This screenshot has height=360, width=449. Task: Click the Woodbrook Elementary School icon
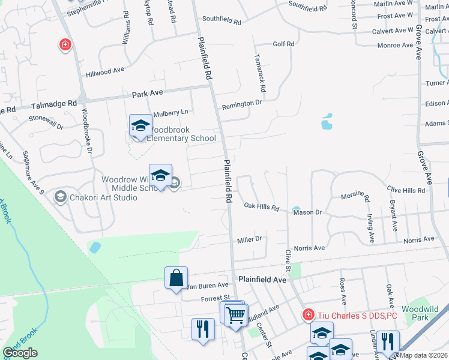(140, 126)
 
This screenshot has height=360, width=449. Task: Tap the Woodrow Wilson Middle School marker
(160, 176)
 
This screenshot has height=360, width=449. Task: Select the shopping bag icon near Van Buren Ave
(176, 278)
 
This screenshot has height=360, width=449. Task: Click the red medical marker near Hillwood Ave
(65, 44)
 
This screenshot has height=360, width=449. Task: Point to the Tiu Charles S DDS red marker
(308, 314)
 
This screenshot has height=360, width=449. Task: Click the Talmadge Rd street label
(55, 104)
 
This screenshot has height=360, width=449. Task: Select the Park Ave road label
(148, 94)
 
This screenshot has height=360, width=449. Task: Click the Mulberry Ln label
(170, 112)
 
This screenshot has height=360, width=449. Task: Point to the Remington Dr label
(242, 104)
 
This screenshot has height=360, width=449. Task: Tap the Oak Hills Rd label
(262, 208)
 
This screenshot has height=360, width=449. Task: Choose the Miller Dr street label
(250, 239)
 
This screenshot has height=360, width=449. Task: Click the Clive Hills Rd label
(406, 190)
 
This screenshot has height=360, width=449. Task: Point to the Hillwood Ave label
(104, 71)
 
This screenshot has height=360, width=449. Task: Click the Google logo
(20, 353)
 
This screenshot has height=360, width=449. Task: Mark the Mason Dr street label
(308, 212)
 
